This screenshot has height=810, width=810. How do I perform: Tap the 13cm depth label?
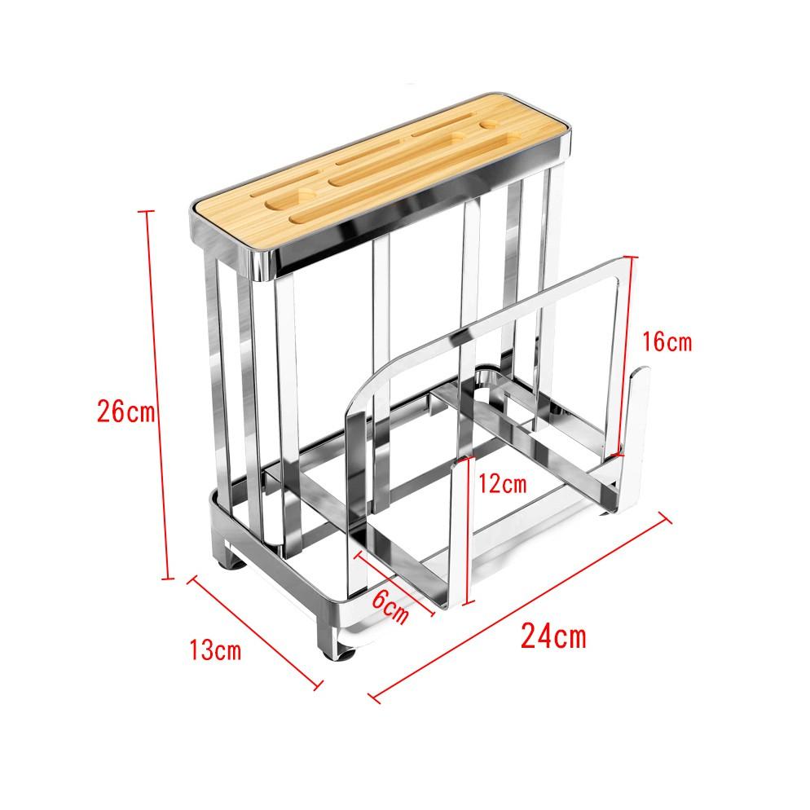[214, 651]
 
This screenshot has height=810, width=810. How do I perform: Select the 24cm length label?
[553, 635]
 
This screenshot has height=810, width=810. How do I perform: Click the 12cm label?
[501, 484]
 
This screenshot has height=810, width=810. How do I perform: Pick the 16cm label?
[666, 341]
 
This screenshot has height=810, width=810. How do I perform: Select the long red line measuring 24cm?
[522, 605]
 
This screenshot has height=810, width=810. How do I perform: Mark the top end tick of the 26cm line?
[147, 212]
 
